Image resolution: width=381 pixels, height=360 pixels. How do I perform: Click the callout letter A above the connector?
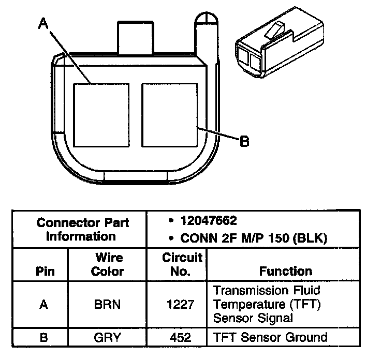(43, 24)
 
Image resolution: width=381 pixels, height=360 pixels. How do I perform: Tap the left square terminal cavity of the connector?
(102, 114)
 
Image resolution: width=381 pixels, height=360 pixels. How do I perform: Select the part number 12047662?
(209, 221)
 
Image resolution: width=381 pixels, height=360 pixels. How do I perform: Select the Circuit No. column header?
(182, 264)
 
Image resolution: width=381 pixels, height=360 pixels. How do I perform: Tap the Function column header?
(286, 271)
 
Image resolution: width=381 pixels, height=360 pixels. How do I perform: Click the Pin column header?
(44, 271)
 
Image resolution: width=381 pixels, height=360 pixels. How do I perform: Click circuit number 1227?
(181, 305)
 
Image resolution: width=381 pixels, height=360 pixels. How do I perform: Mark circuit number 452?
(181, 338)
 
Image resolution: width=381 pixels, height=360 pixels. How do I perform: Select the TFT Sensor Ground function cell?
(270, 338)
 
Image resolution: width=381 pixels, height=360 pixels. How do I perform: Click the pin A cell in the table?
(44, 305)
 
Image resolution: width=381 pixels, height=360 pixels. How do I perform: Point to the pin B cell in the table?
(44, 338)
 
